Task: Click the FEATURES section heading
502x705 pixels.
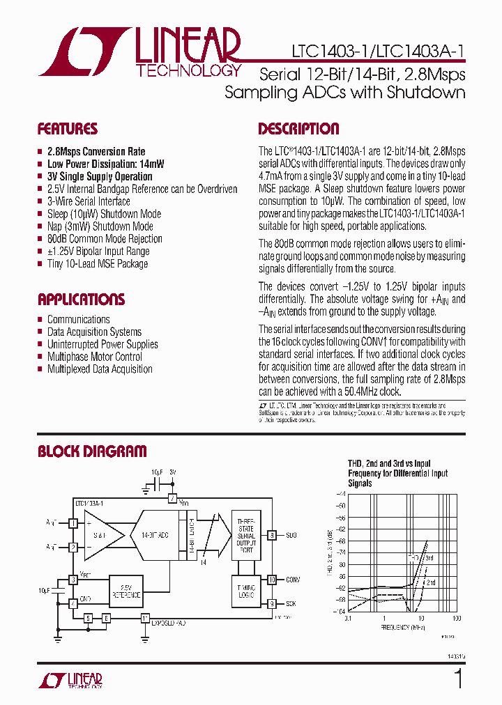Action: [67, 129]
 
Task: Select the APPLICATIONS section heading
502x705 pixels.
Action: [81, 300]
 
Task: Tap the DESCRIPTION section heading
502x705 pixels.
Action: [298, 129]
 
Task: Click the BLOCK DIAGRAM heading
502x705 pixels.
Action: [92, 451]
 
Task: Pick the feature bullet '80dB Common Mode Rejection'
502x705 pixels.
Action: [105, 239]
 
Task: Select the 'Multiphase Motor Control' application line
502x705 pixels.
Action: [94, 357]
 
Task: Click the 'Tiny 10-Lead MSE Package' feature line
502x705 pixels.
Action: [98, 264]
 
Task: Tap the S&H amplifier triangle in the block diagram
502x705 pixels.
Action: [102, 535]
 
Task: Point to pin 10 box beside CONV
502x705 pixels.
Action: [271, 579]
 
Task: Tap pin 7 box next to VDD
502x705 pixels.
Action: [172, 499]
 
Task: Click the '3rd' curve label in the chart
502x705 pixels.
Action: [429, 558]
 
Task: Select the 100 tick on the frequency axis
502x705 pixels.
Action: [457, 619]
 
